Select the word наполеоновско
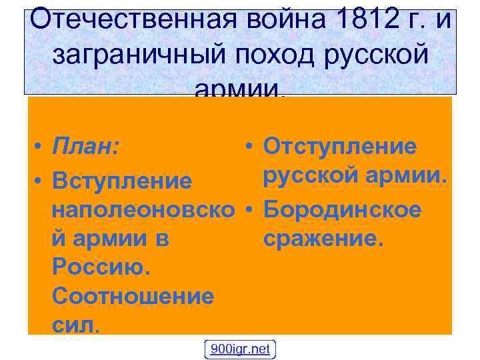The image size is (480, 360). (143, 211)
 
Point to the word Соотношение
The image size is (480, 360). (133, 297)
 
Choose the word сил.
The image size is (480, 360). (75, 325)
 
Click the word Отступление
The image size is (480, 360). (340, 147)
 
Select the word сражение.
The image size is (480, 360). (324, 239)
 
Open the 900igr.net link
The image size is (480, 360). (240, 349)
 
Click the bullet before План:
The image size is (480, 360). (41, 147)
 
